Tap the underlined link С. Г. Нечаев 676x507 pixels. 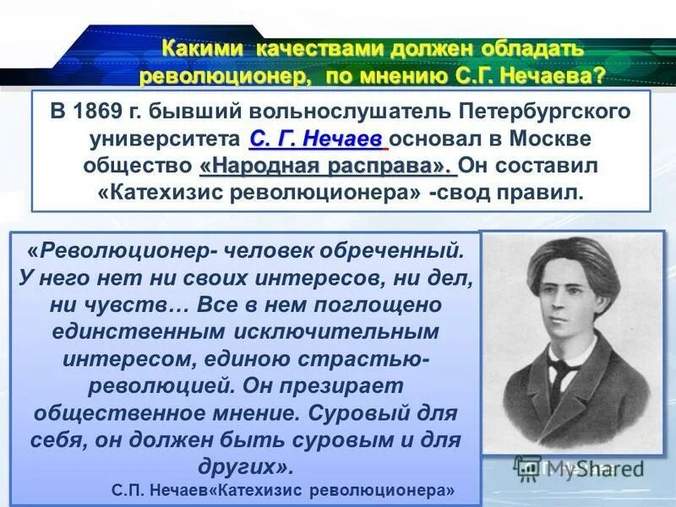click(318, 138)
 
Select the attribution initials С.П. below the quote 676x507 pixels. click(129, 489)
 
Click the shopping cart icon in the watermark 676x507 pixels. click(528, 467)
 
